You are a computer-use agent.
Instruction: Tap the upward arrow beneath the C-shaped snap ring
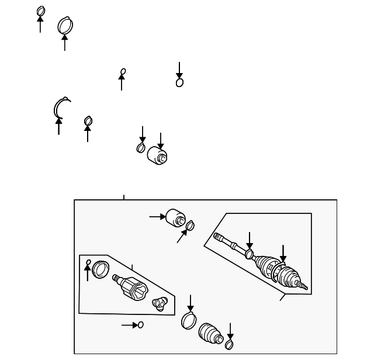click(x=58, y=126)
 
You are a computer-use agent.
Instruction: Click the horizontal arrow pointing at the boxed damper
click(x=157, y=216)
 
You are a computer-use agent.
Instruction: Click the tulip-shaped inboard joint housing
click(x=131, y=288)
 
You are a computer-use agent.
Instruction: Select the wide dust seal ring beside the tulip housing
click(x=101, y=269)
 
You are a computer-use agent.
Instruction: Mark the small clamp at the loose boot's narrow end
click(x=229, y=345)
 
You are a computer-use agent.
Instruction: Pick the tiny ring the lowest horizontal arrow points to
click(x=140, y=324)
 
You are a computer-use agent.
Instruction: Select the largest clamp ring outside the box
click(x=66, y=26)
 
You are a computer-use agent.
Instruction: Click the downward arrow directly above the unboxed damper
click(x=161, y=139)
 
